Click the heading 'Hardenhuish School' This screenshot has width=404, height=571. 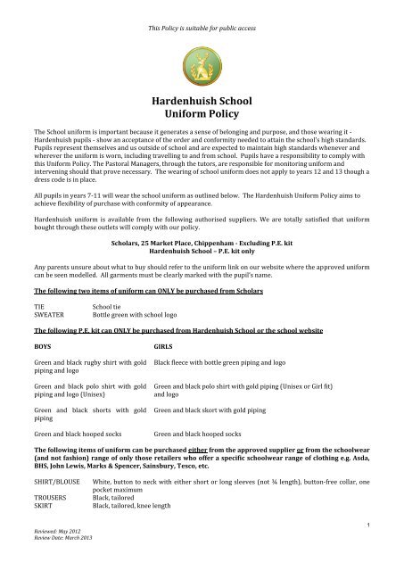pyautogui.click(x=202, y=102)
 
